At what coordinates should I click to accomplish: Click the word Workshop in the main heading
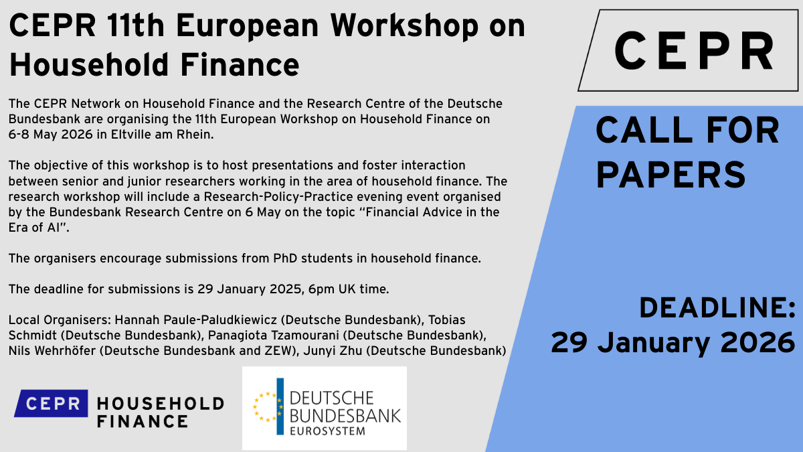tap(404, 27)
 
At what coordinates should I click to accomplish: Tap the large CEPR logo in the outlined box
tap(694, 51)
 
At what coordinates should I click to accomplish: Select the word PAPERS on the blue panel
tap(671, 175)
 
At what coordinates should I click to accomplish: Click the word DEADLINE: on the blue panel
tap(717, 308)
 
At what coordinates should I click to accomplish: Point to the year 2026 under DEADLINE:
tap(757, 343)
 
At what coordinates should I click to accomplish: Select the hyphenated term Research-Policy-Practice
tap(278, 197)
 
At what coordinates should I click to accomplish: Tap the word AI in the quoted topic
tap(55, 228)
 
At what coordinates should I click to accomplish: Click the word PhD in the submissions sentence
tap(285, 258)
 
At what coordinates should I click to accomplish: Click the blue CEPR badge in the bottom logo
tap(51, 403)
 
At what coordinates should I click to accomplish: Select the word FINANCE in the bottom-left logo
tap(143, 421)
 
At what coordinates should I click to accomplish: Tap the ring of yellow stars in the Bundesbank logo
tap(267, 407)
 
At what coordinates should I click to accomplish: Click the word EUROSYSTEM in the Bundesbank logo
tap(327, 431)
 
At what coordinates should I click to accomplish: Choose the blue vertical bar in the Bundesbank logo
tap(280, 406)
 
